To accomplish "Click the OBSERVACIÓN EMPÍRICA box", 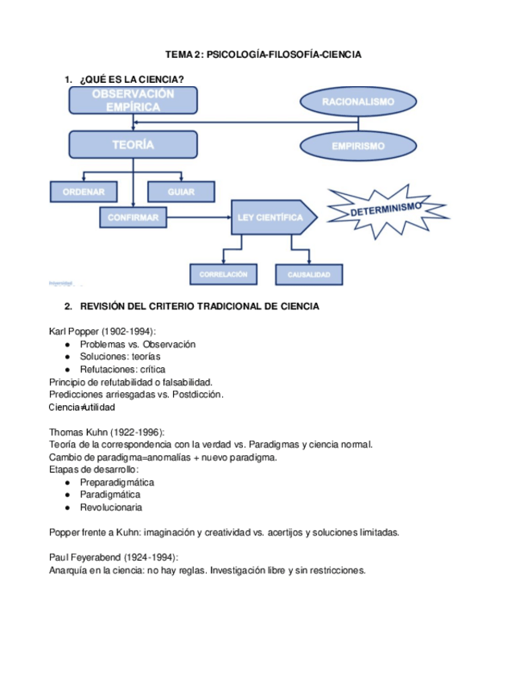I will (134, 101).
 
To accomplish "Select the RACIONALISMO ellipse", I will (358, 102).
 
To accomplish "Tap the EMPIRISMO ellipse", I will (358, 147).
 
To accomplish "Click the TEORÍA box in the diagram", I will (134, 145).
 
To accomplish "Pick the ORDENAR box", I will (84, 192).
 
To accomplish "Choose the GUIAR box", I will (182, 192).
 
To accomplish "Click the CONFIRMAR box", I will (133, 217).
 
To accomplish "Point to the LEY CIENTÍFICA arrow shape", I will (270, 217).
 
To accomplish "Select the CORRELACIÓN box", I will (224, 275).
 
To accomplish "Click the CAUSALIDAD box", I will (309, 275).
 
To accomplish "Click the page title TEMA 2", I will (263, 55).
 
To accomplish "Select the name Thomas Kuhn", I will (79, 432).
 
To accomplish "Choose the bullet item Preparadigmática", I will (117, 482).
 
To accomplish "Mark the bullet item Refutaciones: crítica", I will (122, 369).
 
